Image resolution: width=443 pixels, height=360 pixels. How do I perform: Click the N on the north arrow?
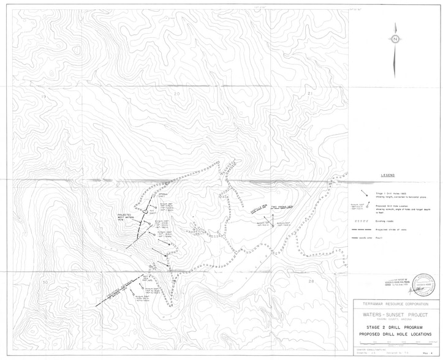coord(395,39)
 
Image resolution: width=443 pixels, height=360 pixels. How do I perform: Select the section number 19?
coord(44,97)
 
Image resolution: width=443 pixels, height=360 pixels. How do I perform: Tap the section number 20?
coord(176,94)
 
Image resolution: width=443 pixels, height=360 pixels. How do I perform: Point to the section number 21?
coord(310,94)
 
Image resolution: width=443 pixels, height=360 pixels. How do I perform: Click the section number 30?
coord(45,282)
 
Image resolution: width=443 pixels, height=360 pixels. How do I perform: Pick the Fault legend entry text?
coord(381,234)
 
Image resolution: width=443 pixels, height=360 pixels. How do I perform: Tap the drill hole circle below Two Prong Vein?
coord(273,226)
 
